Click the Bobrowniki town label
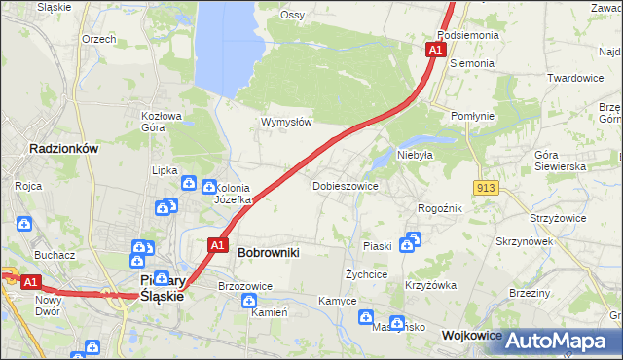click(x=268, y=252)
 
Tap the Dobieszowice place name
click(x=345, y=185)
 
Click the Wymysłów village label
click(x=286, y=123)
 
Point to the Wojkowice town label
click(x=472, y=335)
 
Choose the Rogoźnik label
click(x=439, y=208)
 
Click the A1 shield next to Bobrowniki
click(x=219, y=245)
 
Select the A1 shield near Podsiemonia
click(x=435, y=50)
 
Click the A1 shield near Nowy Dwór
click(x=31, y=282)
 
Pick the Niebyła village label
click(x=415, y=154)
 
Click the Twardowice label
click(x=575, y=78)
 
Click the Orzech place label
click(x=99, y=39)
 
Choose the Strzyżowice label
click(x=558, y=218)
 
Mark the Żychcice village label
click(x=367, y=274)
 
